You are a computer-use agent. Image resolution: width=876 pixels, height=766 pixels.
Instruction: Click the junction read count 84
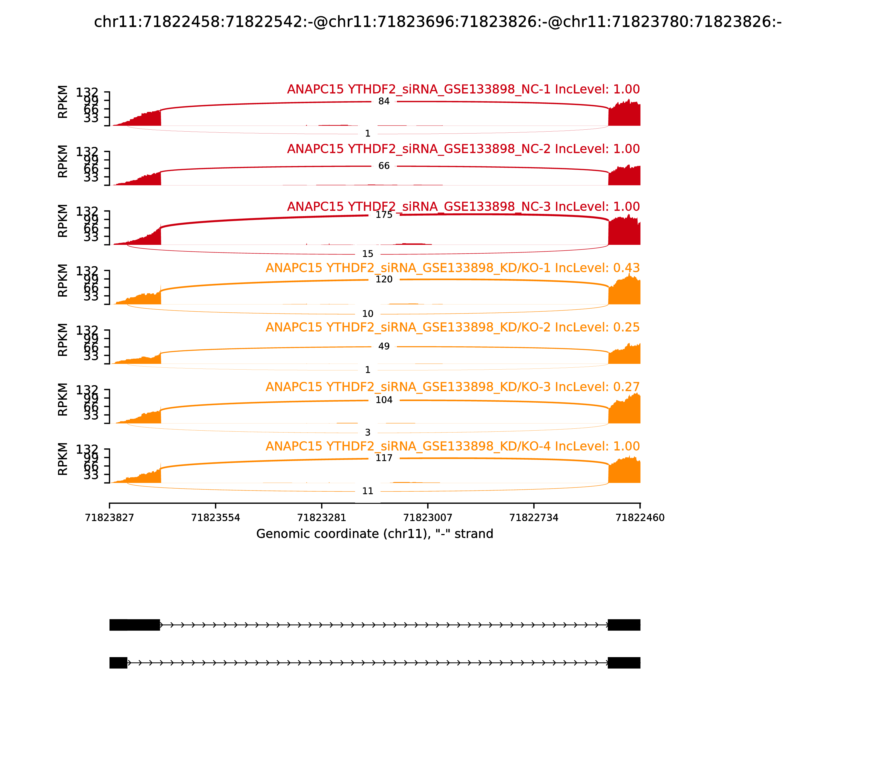384,101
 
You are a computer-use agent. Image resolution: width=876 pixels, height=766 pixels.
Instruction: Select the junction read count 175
384,215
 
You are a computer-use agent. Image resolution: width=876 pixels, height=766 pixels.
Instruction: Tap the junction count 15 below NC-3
367,254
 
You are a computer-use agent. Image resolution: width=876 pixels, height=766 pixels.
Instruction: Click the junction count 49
384,346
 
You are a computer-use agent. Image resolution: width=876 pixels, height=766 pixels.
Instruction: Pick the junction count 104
384,400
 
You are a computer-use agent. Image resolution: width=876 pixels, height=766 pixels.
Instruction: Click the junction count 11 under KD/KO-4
367,491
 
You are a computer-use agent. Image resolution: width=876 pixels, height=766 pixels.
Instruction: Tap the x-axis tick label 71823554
216,518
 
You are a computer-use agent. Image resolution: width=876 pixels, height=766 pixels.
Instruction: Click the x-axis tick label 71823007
428,518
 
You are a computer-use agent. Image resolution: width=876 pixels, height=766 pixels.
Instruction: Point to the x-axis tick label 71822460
639,518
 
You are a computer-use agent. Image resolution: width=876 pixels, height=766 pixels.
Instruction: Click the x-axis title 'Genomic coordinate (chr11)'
374,534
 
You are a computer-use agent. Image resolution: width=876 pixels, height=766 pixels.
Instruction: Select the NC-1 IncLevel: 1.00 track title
463,89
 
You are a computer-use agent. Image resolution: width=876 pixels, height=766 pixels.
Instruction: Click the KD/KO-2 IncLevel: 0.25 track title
453,327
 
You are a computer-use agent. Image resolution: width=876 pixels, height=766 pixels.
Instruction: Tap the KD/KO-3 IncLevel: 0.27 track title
453,387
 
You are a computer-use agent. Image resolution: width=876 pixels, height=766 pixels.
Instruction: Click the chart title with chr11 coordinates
437,22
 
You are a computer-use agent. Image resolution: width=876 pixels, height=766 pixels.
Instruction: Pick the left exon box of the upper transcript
135,625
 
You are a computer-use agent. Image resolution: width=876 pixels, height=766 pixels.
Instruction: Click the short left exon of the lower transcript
119,663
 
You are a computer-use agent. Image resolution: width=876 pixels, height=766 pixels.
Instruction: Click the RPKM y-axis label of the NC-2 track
62,161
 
